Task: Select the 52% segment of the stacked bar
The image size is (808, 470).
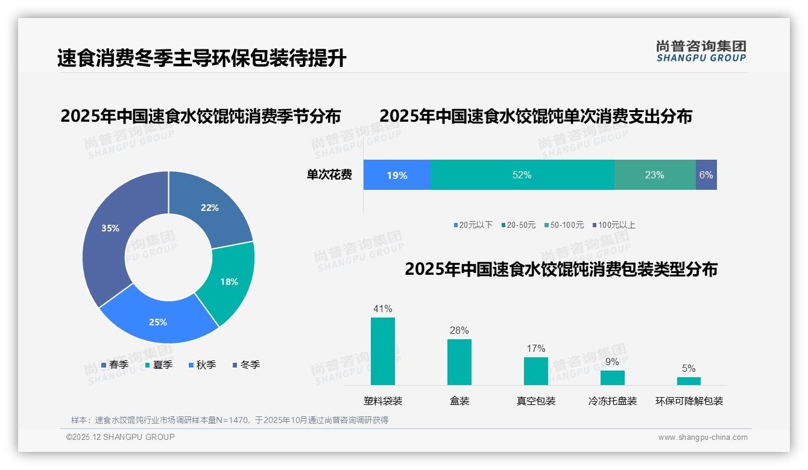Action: tap(522, 175)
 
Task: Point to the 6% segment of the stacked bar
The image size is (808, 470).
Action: tap(706, 175)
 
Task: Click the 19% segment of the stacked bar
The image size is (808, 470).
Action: tap(397, 175)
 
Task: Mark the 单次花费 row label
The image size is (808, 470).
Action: tap(329, 175)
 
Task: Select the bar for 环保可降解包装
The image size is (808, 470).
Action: tap(689, 381)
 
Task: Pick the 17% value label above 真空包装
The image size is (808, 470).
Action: tap(535, 348)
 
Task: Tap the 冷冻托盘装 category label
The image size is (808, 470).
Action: tap(613, 401)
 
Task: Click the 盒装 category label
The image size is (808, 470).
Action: tap(459, 401)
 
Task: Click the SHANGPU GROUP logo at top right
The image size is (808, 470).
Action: tap(701, 51)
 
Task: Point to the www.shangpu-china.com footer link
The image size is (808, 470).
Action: tap(702, 437)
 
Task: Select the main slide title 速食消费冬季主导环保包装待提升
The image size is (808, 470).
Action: tap(202, 58)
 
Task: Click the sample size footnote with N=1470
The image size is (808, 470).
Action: tap(230, 420)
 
